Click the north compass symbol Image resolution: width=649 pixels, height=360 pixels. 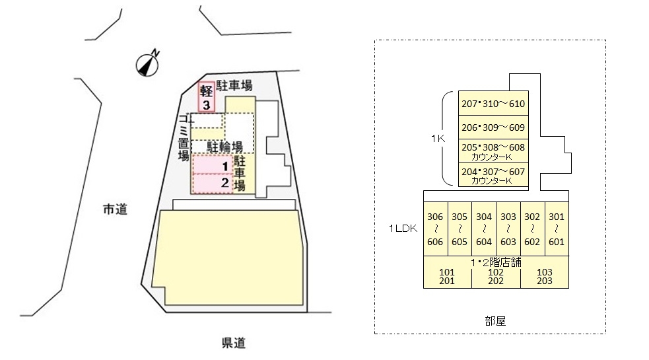(x=148, y=64)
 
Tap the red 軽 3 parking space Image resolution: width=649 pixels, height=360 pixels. (x=206, y=97)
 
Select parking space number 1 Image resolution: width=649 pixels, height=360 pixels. (x=212, y=165)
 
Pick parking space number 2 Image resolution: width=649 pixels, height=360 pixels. (x=212, y=184)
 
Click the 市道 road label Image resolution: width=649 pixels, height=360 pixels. (x=115, y=209)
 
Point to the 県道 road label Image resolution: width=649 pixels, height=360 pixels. (x=234, y=343)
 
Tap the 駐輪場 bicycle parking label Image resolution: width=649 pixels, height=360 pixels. (x=224, y=147)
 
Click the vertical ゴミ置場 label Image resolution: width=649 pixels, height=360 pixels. (x=184, y=137)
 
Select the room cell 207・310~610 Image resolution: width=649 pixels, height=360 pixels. (x=493, y=103)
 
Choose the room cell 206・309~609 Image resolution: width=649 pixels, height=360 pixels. (x=493, y=127)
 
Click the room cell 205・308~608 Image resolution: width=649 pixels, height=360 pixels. (x=493, y=151)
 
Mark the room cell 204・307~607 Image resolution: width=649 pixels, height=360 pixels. (x=493, y=174)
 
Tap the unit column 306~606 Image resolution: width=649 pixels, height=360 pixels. (x=436, y=229)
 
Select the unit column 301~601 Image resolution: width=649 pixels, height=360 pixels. (x=557, y=229)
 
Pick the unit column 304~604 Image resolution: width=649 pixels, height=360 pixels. (x=484, y=229)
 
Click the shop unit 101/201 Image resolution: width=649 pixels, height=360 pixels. (x=447, y=276)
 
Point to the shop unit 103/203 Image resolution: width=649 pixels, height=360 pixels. (x=545, y=276)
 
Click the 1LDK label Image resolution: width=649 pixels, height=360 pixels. (x=403, y=229)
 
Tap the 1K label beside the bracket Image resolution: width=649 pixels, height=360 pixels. (x=438, y=138)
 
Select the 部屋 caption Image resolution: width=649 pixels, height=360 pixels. (x=495, y=321)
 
